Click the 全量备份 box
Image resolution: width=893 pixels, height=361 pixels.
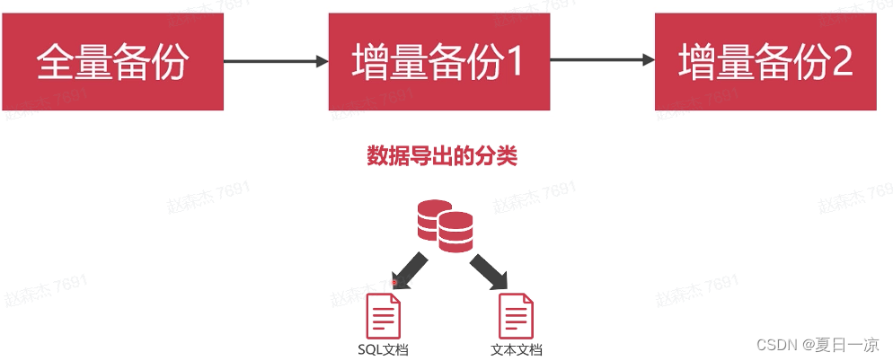click(x=111, y=61)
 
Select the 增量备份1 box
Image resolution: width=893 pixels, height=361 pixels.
click(x=438, y=61)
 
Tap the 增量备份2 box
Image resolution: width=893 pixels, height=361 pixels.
click(x=765, y=61)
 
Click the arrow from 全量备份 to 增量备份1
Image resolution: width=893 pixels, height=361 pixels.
click(x=275, y=61)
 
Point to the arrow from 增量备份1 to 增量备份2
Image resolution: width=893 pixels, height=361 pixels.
click(x=602, y=61)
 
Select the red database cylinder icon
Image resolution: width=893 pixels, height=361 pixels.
click(x=445, y=225)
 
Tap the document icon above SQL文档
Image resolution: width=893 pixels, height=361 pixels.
click(x=383, y=316)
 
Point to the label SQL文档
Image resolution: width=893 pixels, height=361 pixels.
click(x=383, y=349)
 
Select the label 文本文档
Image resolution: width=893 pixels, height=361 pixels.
click(x=517, y=349)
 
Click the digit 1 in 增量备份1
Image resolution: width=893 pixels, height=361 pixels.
click(x=513, y=61)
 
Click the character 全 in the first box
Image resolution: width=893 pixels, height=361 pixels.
click(x=54, y=61)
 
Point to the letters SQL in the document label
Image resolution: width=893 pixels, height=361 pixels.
click(x=368, y=349)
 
